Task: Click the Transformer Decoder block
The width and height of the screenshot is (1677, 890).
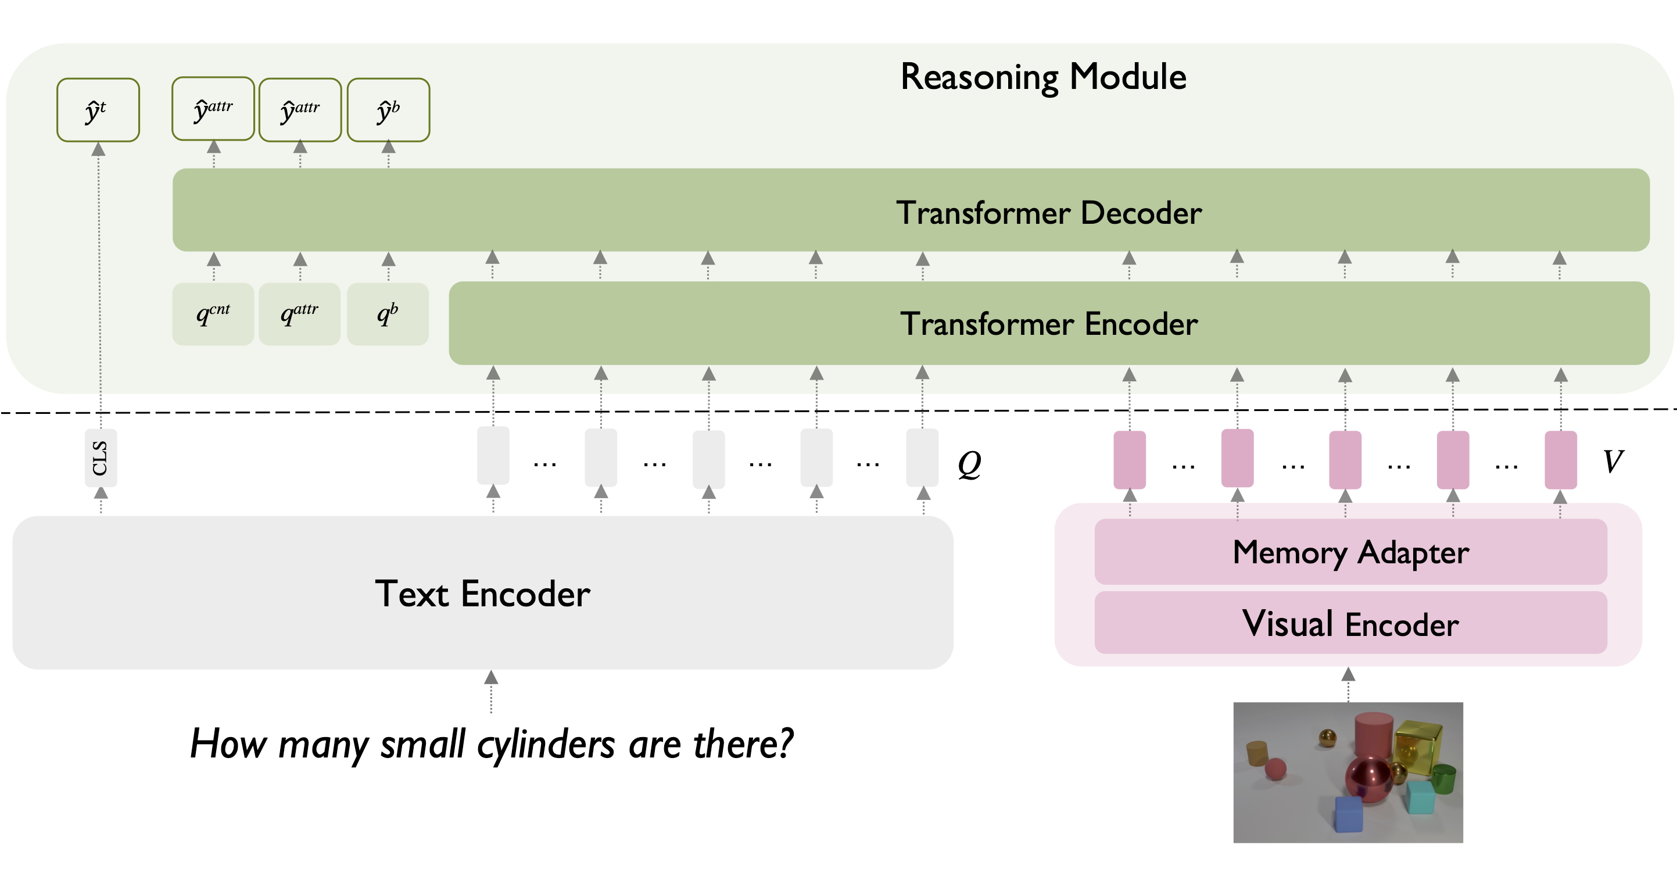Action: (911, 210)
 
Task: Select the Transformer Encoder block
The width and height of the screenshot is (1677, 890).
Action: (1048, 324)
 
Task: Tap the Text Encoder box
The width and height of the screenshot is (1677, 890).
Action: (482, 593)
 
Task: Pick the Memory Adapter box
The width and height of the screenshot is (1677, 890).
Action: (1350, 552)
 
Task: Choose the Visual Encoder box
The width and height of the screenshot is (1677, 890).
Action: (1350, 623)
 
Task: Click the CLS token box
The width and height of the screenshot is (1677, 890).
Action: (101, 457)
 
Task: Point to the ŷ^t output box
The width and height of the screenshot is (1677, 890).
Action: (98, 110)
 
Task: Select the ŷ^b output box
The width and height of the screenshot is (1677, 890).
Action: (388, 110)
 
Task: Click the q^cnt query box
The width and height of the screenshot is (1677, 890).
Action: (213, 314)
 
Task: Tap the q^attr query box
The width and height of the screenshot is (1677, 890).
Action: (299, 314)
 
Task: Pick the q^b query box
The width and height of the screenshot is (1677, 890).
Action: (388, 314)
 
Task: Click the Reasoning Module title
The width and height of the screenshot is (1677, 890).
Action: (1043, 77)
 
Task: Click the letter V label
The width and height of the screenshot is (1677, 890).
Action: (1612, 462)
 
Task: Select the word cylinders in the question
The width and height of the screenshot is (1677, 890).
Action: (546, 744)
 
